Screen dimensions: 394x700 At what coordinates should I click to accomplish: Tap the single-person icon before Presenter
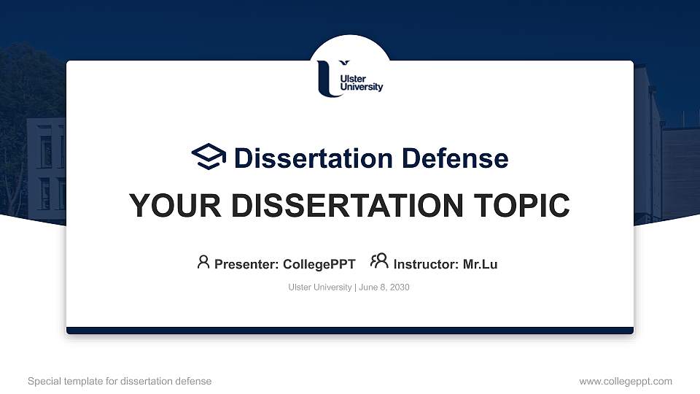[203, 262]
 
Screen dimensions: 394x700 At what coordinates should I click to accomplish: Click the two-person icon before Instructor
[379, 262]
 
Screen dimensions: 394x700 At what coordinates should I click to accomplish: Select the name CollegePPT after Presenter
[319, 264]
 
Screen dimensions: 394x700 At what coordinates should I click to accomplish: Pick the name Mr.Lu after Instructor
[480, 264]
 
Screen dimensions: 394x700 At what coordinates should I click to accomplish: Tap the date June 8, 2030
[384, 287]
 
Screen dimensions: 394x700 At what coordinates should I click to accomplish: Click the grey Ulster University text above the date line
[320, 287]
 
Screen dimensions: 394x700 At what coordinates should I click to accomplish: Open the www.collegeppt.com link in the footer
[626, 381]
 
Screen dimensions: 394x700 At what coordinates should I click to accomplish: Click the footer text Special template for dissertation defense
[120, 381]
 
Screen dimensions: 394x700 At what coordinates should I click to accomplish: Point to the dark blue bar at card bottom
[350, 331]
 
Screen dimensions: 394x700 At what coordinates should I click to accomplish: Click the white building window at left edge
[45, 151]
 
